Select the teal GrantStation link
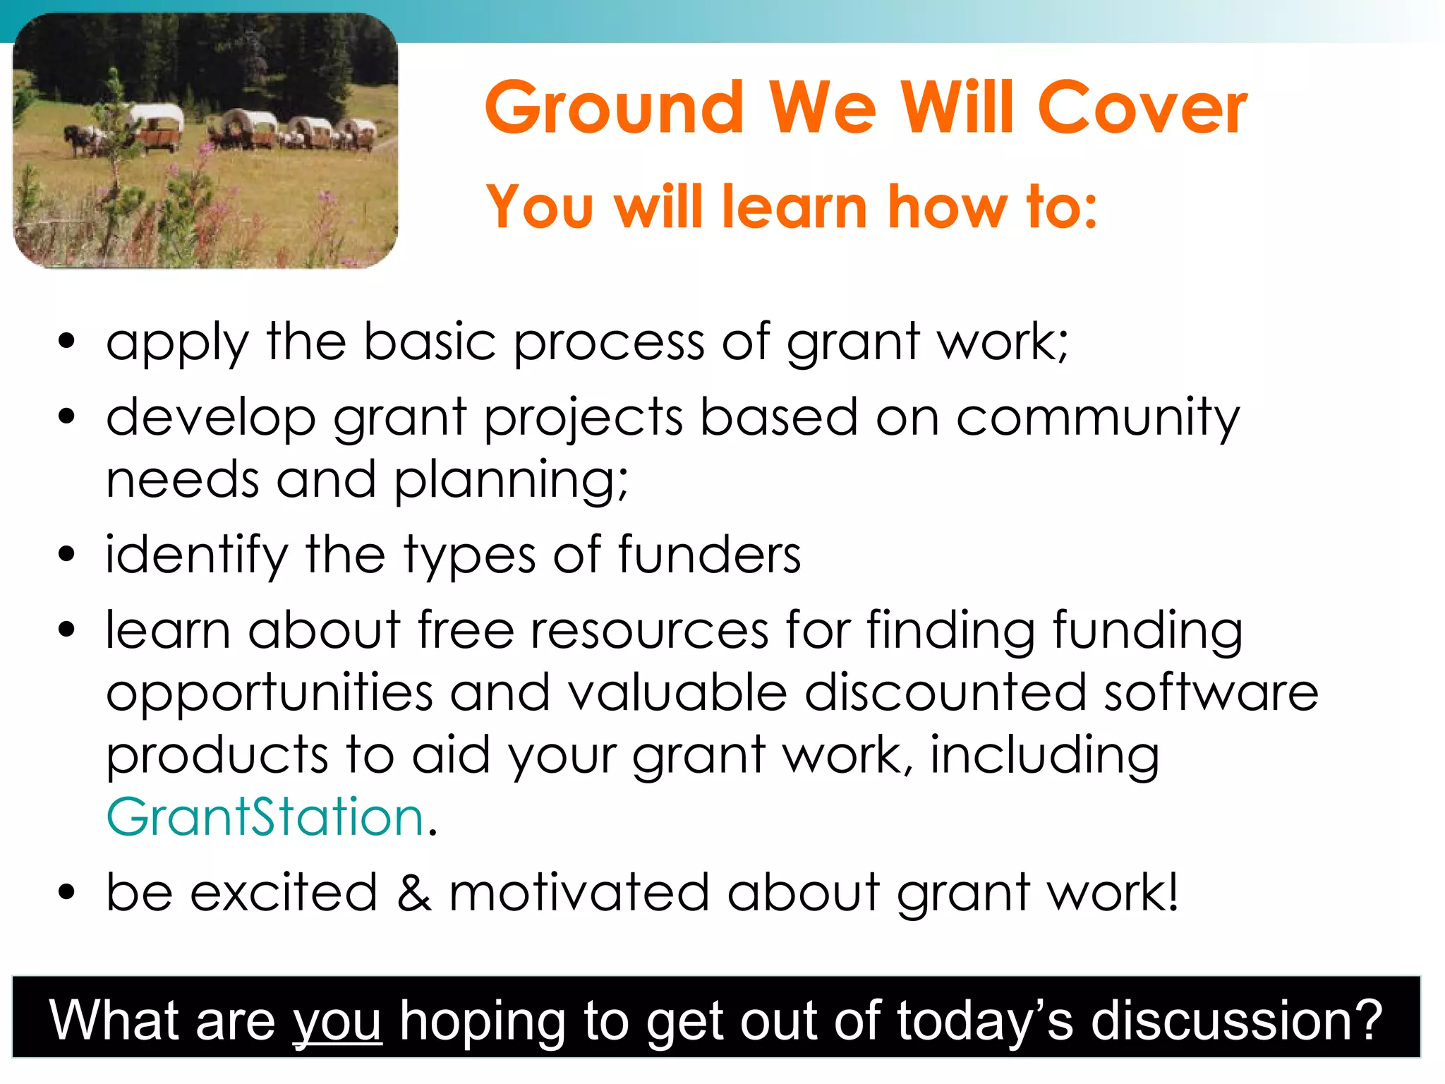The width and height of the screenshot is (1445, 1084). [265, 817]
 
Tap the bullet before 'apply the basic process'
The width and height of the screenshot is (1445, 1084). [66, 342]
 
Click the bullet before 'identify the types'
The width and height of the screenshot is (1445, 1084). [66, 555]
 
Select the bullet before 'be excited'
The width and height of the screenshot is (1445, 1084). [66, 892]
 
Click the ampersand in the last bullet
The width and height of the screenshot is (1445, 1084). [413, 892]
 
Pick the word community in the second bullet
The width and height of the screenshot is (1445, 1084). [1097, 418]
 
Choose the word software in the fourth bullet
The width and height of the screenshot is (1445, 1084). [1210, 692]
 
